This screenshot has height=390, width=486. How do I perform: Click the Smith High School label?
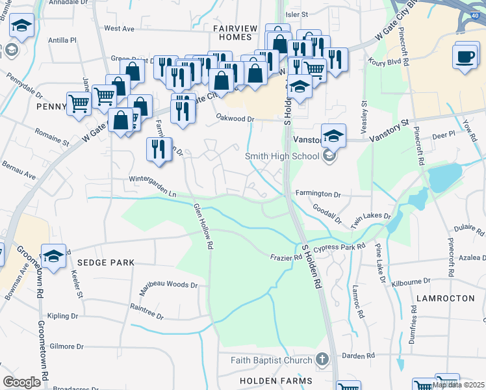[x=281, y=156]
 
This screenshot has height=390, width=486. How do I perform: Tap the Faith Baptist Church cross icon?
[x=322, y=359]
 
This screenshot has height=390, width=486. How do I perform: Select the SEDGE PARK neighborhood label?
[x=105, y=263]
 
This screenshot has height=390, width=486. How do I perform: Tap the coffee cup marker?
[x=466, y=57]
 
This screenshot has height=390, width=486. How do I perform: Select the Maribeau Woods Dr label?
[x=166, y=285]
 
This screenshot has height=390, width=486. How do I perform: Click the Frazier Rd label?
[x=287, y=258]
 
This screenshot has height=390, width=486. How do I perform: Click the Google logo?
[x=22, y=382]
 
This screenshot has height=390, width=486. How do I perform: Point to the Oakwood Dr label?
[x=235, y=118]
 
